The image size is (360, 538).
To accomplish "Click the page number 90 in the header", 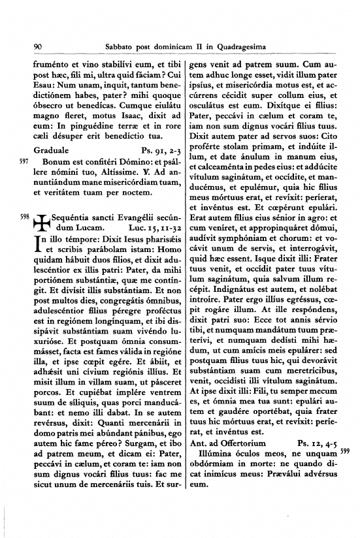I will [x=37, y=46].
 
